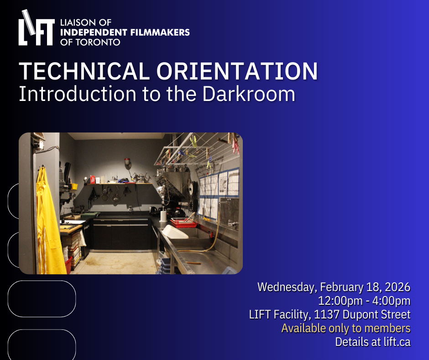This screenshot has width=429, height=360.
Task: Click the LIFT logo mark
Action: [x=37, y=28]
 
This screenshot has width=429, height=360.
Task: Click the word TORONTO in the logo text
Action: [x=98, y=42]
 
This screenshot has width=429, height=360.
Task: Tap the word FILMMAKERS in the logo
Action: [x=160, y=32]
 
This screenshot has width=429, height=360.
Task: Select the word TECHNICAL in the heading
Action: [x=84, y=71]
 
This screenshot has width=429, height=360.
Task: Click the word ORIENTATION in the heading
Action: [x=237, y=71]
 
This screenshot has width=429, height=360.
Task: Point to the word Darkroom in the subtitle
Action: [x=249, y=94]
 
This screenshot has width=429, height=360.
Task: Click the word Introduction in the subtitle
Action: [x=78, y=94]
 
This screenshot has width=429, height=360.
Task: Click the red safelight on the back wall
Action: [x=127, y=162]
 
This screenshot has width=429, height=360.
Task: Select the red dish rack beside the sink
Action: [x=184, y=222]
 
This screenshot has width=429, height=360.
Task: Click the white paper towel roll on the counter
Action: [x=163, y=215]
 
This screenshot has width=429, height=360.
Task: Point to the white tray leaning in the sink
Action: [x=175, y=232]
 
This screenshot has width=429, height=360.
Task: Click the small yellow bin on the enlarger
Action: [x=73, y=186]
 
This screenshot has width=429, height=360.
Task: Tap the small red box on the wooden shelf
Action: [x=93, y=180]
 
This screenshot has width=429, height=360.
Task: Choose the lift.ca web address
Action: [x=397, y=342]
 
